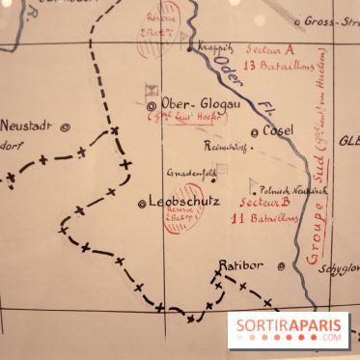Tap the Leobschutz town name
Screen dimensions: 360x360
pyautogui.click(x=184, y=202)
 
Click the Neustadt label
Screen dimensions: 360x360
pyautogui.click(x=25, y=125)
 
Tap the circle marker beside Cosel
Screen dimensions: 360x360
pyautogui.click(x=255, y=132)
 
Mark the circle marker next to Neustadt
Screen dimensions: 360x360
pyautogui.click(x=65, y=125)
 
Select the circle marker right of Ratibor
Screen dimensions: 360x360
pyautogui.click(x=281, y=266)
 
